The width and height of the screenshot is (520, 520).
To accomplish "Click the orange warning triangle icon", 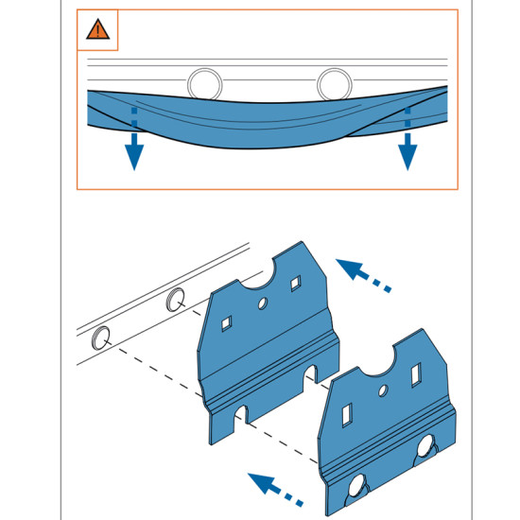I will click(97, 29).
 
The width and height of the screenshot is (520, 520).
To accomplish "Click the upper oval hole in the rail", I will click(175, 301).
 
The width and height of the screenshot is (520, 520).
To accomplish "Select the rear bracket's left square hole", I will click(227, 324).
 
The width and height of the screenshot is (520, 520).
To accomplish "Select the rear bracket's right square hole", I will click(296, 282).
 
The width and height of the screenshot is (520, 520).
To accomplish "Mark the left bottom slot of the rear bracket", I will click(242, 414).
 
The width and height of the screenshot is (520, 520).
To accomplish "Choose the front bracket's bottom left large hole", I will click(359, 490).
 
